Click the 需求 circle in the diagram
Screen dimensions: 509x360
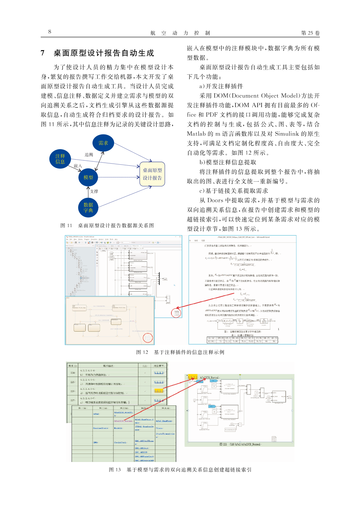tap(103, 143)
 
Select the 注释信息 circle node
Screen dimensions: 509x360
tap(60, 159)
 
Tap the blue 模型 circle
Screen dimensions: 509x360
tap(88, 177)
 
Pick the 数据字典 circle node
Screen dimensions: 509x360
tap(88, 208)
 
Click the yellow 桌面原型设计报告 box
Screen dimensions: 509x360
tap(152, 174)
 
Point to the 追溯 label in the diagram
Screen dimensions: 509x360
tap(89, 155)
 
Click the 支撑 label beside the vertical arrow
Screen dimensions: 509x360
tap(94, 192)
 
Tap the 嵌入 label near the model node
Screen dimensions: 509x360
tap(78, 166)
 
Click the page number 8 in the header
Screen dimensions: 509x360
tap(50, 32)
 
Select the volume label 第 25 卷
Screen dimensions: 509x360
tap(310, 33)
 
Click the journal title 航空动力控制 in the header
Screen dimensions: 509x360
tap(180, 33)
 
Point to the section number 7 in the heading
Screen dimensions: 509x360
tap(43, 53)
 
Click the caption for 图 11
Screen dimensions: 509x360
tap(107, 226)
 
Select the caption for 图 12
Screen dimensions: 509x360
tap(180, 352)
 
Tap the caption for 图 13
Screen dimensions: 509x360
tap(180, 470)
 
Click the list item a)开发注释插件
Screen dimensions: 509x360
tap(221, 86)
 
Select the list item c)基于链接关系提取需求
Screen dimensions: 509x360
tap(234, 191)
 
